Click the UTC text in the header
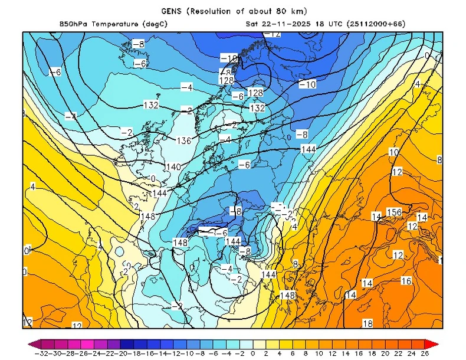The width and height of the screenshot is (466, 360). tap(332, 24)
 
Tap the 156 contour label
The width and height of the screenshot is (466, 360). tap(394, 212)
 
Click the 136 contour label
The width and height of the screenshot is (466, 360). tap(185, 140)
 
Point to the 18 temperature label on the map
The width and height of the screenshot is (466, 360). tap(367, 323)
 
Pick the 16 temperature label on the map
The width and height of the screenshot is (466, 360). tap(406, 281)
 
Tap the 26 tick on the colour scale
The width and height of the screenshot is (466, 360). tap(425, 354)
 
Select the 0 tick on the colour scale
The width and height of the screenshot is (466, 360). tap(252, 354)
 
